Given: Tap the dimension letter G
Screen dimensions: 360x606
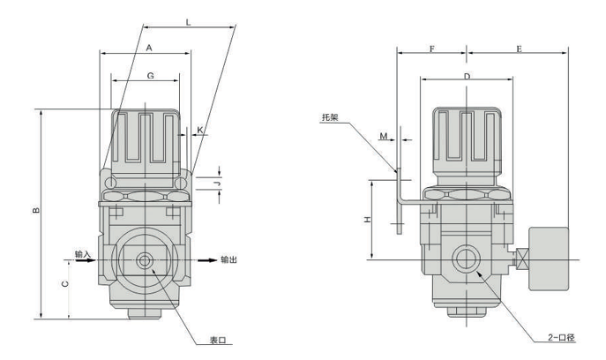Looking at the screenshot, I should point(151,77).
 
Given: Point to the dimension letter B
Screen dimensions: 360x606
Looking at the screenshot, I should point(34,211).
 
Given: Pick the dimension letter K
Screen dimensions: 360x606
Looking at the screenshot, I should point(201,130).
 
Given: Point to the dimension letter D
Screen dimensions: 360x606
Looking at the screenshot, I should point(466,79).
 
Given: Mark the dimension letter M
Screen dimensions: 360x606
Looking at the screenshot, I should point(384,136).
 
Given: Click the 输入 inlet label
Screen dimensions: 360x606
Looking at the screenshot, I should point(84,254).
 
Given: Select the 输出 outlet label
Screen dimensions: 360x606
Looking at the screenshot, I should point(228,259).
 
